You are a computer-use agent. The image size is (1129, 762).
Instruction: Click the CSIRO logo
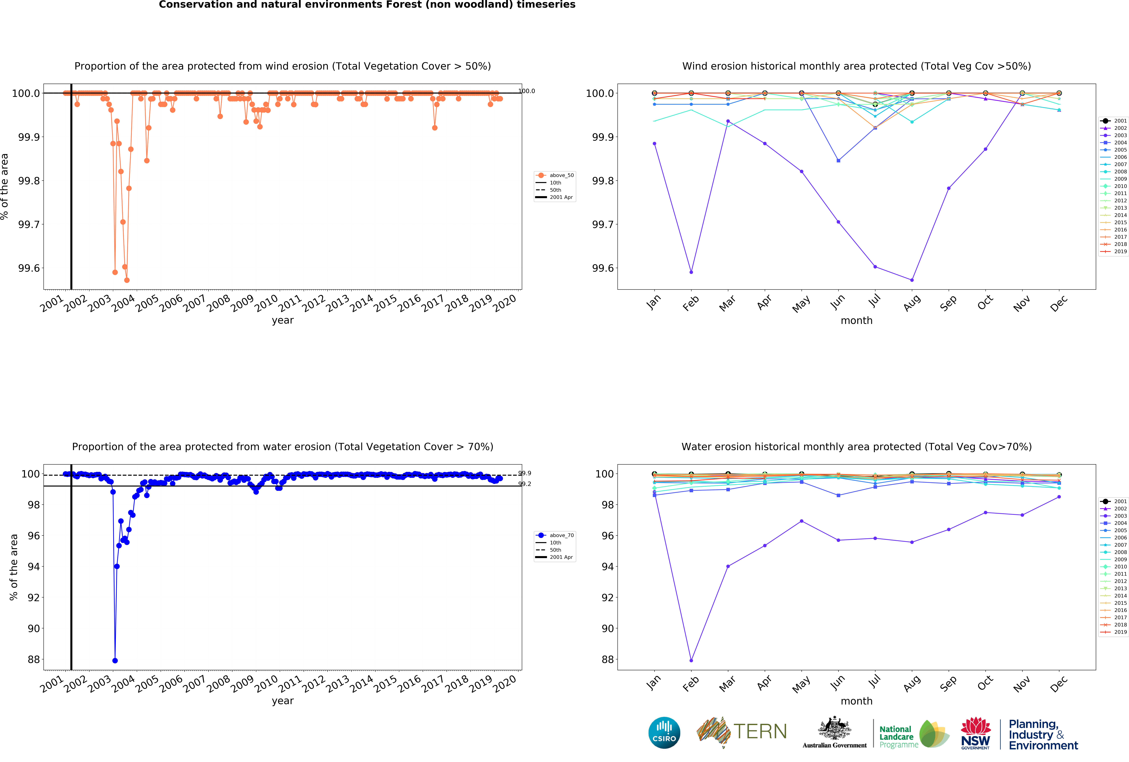(664, 732)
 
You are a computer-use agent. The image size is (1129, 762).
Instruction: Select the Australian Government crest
(834, 728)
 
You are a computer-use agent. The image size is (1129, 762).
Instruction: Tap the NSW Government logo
(976, 733)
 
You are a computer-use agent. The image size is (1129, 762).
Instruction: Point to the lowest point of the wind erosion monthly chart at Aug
(912, 280)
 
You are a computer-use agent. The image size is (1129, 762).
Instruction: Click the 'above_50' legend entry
(561, 175)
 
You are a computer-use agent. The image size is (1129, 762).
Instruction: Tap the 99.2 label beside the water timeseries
(525, 484)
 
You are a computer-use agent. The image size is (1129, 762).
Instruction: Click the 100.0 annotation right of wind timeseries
(527, 91)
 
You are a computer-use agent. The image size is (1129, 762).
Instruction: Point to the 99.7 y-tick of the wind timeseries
(29, 224)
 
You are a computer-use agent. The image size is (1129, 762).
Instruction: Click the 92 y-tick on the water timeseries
(34, 597)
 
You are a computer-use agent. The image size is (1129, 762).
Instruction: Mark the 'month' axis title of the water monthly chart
(856, 701)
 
